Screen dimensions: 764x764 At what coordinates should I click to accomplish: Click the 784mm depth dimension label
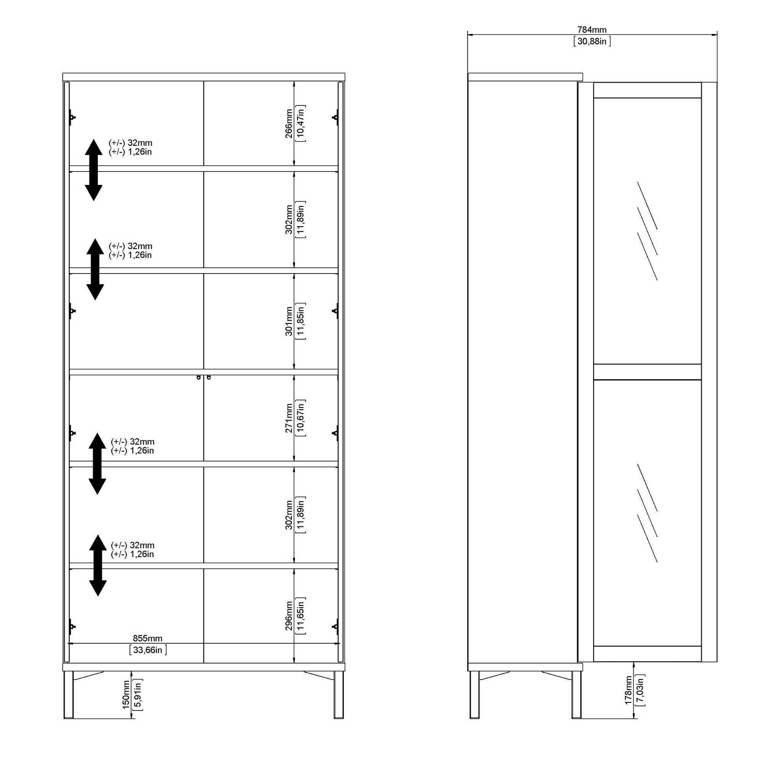(592, 30)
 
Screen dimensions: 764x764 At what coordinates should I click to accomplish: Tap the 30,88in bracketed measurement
(592, 41)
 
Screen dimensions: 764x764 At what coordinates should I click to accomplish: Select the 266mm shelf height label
(289, 123)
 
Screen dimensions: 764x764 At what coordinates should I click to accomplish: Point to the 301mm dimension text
(289, 321)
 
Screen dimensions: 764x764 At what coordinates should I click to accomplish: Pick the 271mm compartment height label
(289, 418)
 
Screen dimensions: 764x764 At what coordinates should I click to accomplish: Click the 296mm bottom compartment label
(289, 616)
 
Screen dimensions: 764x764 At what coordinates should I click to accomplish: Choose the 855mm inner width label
(147, 638)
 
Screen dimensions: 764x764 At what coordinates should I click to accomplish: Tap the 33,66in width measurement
(148, 650)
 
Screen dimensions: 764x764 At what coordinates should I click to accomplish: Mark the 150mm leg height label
(126, 695)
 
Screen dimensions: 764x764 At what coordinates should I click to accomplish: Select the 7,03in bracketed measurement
(640, 690)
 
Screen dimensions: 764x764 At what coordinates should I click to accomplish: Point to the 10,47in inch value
(301, 123)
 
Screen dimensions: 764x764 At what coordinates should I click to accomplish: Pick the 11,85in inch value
(301, 321)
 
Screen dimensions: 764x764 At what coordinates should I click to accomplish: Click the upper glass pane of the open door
(647, 231)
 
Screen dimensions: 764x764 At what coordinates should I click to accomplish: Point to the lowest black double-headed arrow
(98, 565)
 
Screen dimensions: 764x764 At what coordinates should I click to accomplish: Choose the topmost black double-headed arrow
(94, 170)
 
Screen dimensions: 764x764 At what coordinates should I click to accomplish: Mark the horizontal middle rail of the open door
(647, 372)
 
